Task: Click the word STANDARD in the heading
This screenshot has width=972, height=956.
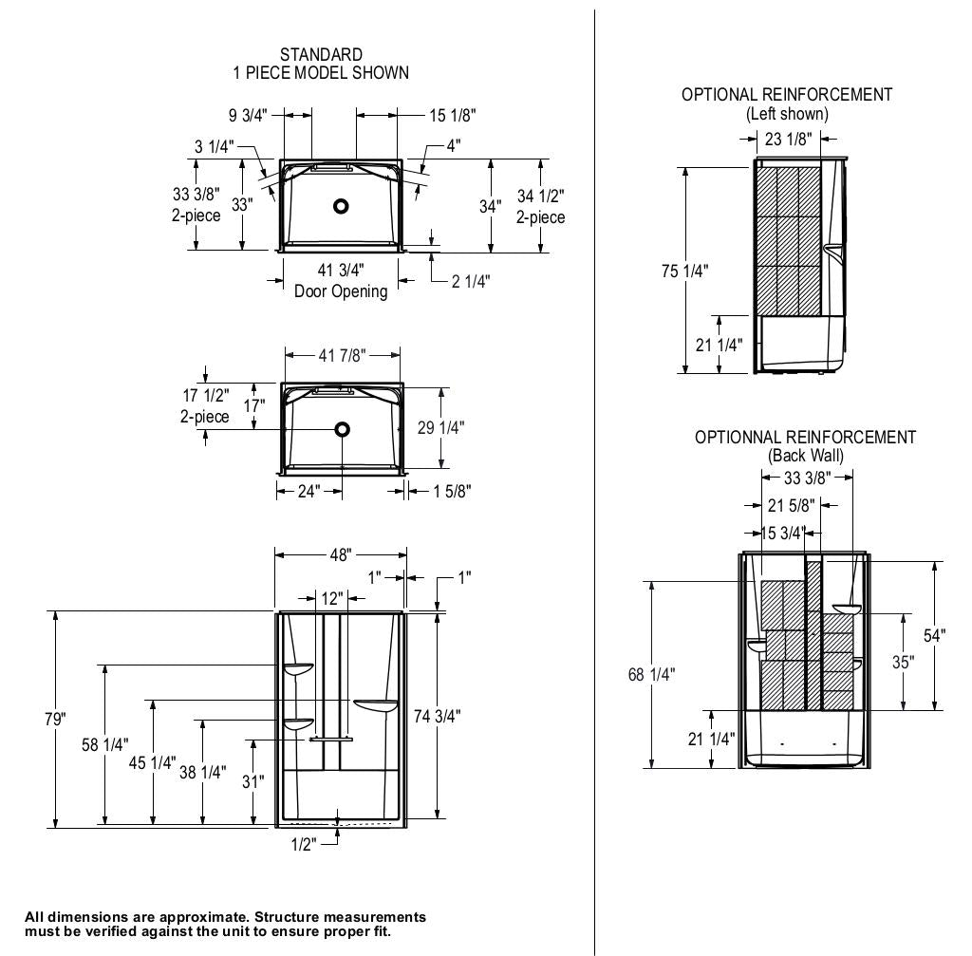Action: (321, 55)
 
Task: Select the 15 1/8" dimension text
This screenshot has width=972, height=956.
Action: (452, 115)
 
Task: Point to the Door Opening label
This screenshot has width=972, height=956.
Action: (341, 291)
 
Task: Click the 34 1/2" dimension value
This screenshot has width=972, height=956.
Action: (540, 197)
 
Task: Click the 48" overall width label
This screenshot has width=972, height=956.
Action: (342, 553)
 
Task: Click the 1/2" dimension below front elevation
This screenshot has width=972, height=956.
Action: (302, 844)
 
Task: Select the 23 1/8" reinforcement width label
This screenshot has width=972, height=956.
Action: (788, 140)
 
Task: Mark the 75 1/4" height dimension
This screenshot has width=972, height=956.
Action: (685, 270)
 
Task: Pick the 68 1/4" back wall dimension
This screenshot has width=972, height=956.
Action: (651, 674)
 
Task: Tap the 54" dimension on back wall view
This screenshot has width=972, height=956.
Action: (935, 635)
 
